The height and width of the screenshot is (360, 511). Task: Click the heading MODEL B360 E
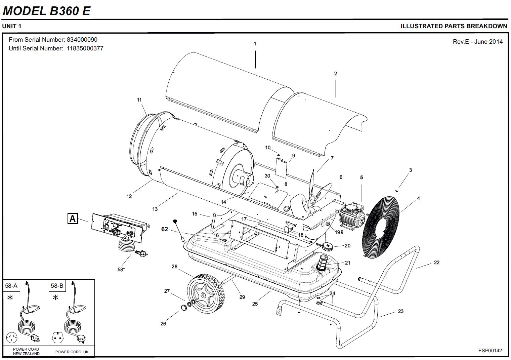(x=46, y=11)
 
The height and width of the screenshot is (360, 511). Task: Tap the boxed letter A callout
(x=73, y=218)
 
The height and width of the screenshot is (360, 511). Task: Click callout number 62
(x=165, y=229)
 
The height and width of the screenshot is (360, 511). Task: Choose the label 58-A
(x=11, y=286)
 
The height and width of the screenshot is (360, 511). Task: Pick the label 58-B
(x=57, y=286)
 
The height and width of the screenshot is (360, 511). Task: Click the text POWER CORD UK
(x=72, y=352)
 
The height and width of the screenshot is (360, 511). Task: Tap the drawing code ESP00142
(x=490, y=351)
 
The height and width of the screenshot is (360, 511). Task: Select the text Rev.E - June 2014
(x=478, y=42)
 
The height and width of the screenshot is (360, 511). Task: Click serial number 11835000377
(x=85, y=48)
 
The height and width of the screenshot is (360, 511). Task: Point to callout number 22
(x=436, y=263)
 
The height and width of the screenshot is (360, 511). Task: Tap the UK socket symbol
(x=57, y=337)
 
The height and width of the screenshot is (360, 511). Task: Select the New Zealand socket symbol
(x=12, y=337)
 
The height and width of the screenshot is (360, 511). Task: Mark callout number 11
(x=139, y=100)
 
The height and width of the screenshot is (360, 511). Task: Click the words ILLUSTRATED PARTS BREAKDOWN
(x=454, y=26)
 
